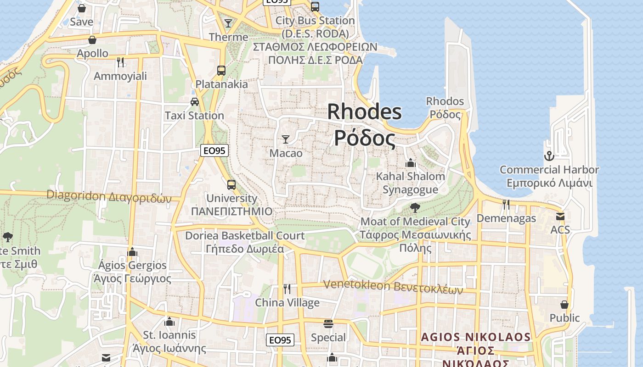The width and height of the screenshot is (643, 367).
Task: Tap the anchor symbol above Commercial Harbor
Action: coord(549,156)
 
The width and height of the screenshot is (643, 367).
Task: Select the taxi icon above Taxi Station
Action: coord(195,102)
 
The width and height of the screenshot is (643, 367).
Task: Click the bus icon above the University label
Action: coord(231,185)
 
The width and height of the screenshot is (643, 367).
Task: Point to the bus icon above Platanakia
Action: coord(221,71)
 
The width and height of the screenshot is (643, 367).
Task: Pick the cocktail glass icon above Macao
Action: coord(286,139)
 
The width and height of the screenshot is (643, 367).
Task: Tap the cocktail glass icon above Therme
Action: coord(228,23)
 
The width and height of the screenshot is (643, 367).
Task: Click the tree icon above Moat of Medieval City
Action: coord(415,208)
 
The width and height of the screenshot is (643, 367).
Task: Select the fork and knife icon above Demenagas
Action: coord(506,204)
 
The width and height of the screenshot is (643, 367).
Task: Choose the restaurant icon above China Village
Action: coord(287,289)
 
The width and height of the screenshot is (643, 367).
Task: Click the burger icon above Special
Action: coord(328,324)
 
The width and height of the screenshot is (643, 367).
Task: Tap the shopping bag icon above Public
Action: coord(564,305)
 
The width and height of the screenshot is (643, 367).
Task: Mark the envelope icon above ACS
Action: coord(560,216)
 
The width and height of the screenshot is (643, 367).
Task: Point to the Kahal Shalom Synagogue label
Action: coord(410,183)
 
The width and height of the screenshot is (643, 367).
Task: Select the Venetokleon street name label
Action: coord(393,286)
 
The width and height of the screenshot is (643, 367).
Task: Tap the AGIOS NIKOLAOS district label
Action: coord(476,337)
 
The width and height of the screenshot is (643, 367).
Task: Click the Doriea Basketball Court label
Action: coord(244,236)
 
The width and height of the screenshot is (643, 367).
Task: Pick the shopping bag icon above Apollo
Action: coord(92,40)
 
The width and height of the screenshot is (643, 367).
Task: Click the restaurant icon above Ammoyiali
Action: coord(120,62)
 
